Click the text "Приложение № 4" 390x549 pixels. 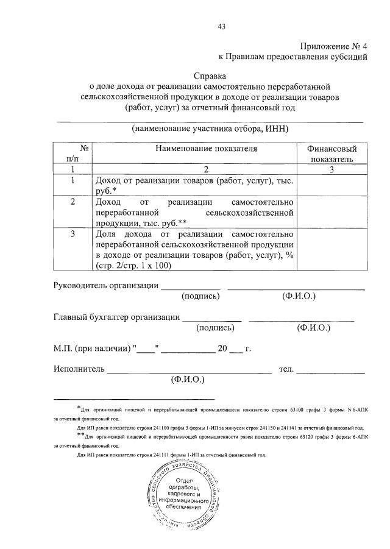pyautogui.click(x=333, y=47)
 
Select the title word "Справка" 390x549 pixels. pyautogui.click(x=210, y=77)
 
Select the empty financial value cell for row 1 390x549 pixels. pyautogui.click(x=331, y=185)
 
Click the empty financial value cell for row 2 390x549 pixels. pyautogui.click(x=331, y=212)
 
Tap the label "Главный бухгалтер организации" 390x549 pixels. pyautogui.click(x=116, y=317)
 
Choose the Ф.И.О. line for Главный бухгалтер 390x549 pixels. pyautogui.click(x=302, y=319)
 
